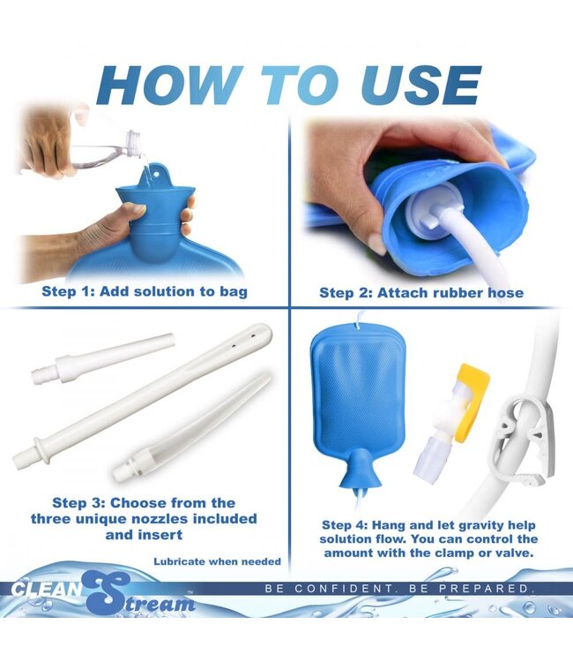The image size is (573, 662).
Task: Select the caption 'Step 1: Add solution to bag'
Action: click(x=145, y=290)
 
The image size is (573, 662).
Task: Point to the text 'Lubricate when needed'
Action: click(x=218, y=560)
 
